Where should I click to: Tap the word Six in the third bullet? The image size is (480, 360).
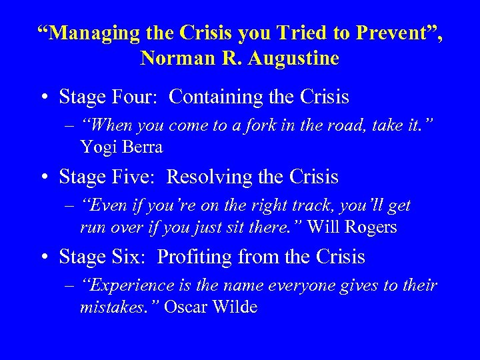point(131,257)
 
